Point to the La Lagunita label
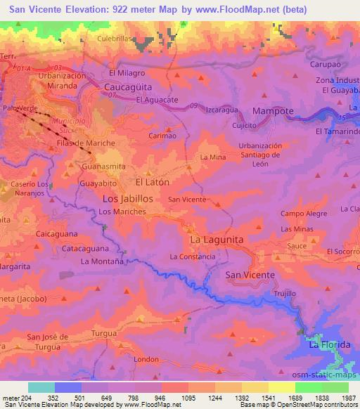(x=217, y=240)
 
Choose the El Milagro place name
(x=127, y=72)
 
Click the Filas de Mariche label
(x=86, y=144)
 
